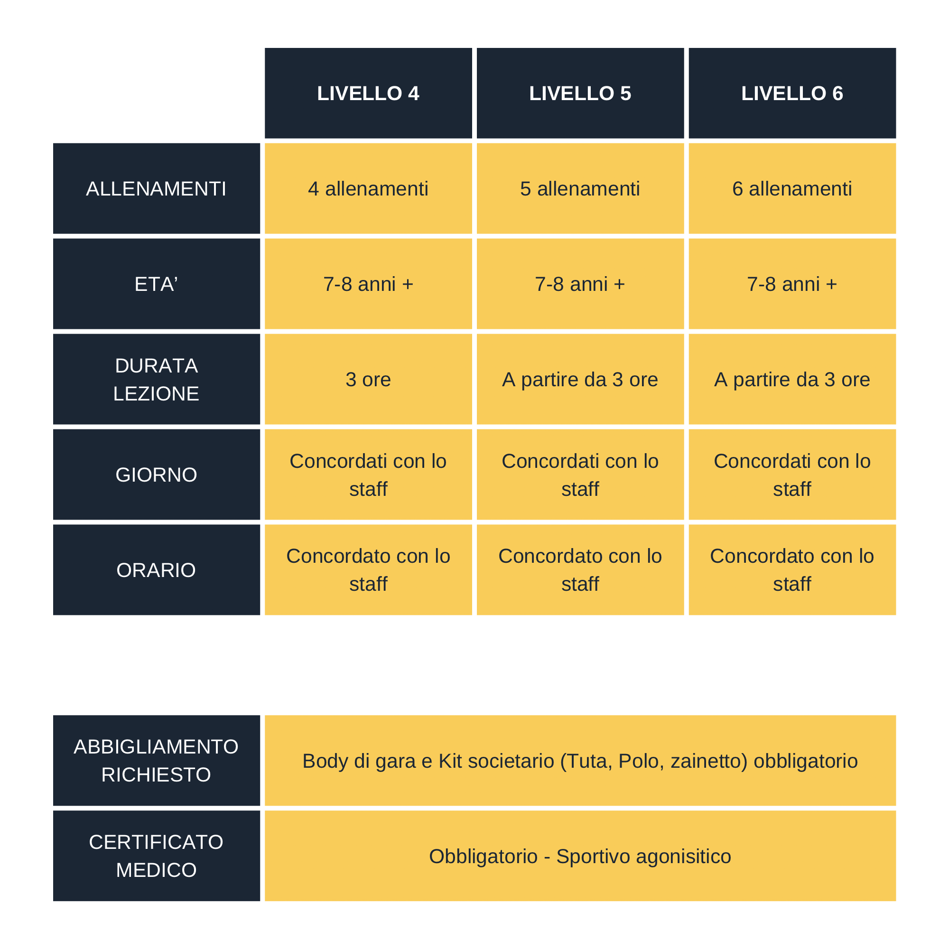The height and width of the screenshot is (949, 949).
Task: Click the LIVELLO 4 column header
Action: tap(368, 93)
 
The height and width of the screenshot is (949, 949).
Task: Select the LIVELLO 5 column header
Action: tap(580, 93)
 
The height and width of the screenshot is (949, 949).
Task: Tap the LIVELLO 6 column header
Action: tap(792, 93)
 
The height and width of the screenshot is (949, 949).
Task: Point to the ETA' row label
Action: tap(156, 284)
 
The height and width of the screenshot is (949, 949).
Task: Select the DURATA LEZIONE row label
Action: tap(156, 379)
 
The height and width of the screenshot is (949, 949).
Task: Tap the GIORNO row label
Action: tap(156, 474)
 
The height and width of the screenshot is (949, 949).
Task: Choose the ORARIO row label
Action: tap(156, 570)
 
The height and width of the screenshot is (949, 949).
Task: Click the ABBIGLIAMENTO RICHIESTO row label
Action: tap(156, 760)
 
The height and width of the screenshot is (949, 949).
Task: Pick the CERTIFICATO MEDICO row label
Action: tap(156, 856)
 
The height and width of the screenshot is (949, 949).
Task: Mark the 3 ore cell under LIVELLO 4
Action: tap(368, 379)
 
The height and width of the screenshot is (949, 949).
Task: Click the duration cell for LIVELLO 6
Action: tap(792, 379)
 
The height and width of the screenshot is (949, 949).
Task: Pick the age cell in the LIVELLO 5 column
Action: tap(580, 284)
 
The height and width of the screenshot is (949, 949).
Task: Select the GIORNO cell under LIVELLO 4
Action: tap(368, 474)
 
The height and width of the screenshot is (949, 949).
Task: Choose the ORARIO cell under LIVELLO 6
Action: tap(792, 570)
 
